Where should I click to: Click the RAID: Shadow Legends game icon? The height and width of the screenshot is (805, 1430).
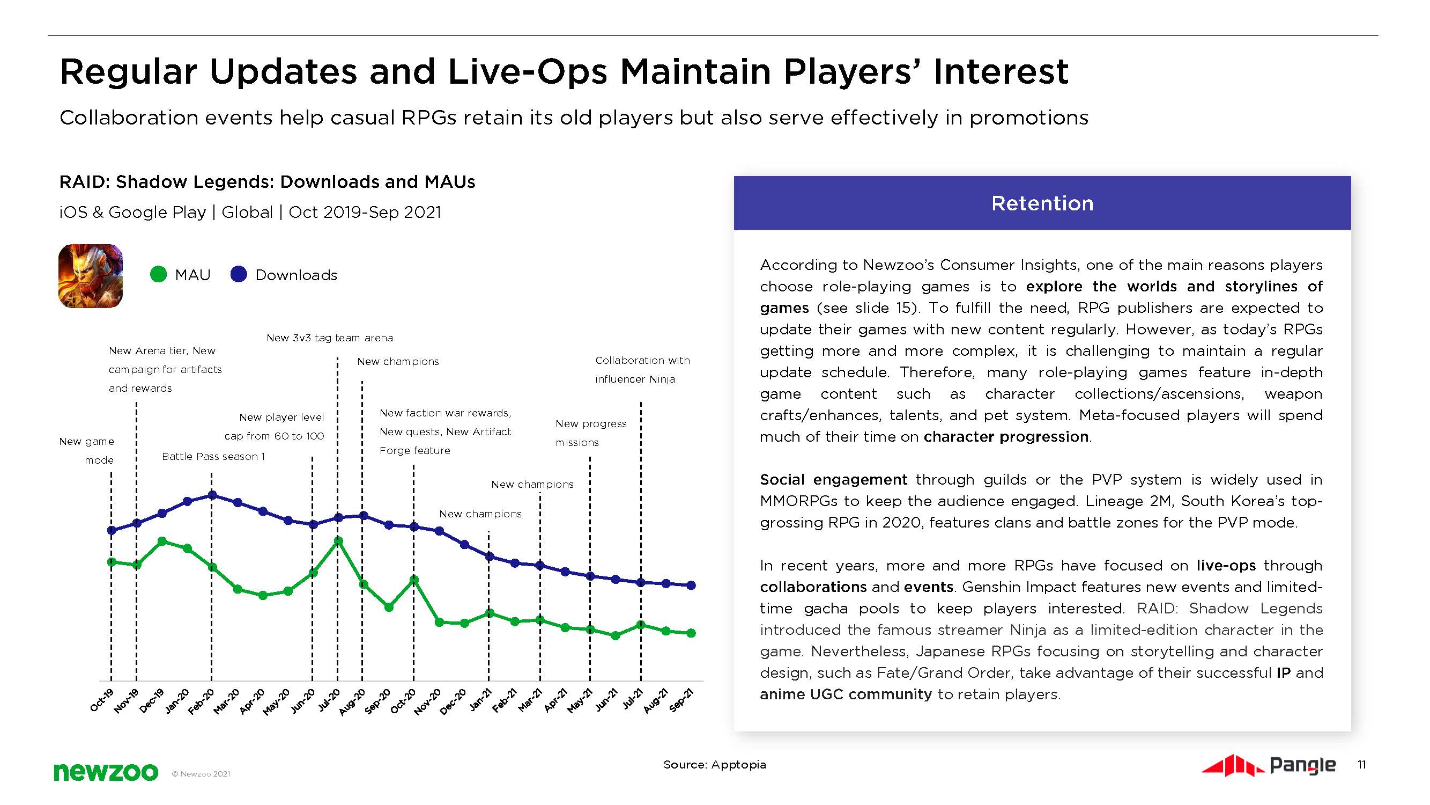(x=91, y=276)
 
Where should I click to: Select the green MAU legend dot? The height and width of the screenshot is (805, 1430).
(x=159, y=274)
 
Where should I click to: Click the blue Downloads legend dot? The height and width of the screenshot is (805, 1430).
(x=239, y=274)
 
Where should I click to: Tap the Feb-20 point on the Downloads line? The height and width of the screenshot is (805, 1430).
(x=212, y=495)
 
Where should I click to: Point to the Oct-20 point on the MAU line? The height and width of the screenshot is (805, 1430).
(x=413, y=580)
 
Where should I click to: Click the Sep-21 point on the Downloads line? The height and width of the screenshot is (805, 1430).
(x=692, y=586)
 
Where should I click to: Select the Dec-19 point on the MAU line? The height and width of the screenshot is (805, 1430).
(x=162, y=541)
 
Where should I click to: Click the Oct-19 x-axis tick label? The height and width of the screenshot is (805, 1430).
(x=102, y=700)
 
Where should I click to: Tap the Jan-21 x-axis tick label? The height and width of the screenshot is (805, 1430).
(x=481, y=700)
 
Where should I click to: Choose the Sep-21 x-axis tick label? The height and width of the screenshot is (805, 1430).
(x=682, y=700)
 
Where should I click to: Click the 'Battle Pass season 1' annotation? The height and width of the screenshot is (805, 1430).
(x=213, y=457)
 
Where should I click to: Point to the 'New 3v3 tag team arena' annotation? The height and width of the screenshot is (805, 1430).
(x=330, y=338)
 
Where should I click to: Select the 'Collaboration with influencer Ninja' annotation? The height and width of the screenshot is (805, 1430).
(x=642, y=369)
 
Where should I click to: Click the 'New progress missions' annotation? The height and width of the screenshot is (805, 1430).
(x=591, y=433)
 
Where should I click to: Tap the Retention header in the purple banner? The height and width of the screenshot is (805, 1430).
(x=1042, y=203)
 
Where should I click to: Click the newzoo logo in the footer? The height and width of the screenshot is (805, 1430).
(x=106, y=772)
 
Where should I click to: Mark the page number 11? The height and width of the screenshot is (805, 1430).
(x=1361, y=765)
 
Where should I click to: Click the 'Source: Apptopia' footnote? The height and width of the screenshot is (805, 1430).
(x=714, y=765)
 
